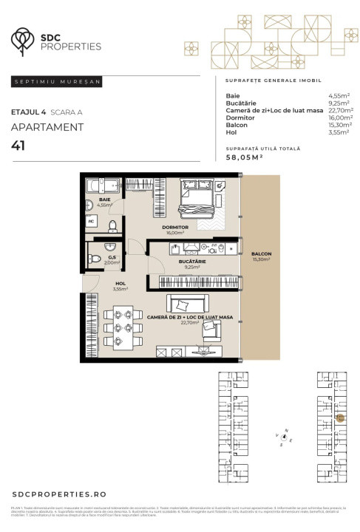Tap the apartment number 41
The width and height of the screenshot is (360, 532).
coord(19,146)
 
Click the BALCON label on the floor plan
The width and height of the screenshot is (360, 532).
coord(260,253)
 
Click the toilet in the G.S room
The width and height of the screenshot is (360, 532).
coord(95,259)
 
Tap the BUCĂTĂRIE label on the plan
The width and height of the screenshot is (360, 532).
coord(190,262)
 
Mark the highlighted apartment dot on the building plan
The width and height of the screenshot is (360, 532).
coord(340,418)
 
